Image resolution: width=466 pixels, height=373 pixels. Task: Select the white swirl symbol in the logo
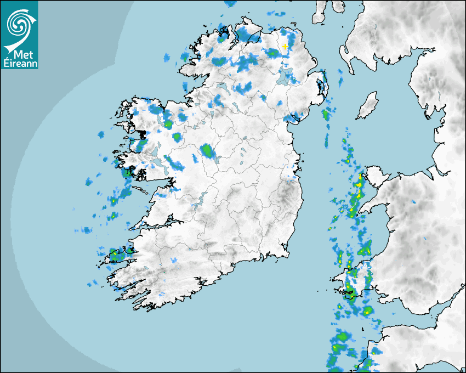pos(19,24)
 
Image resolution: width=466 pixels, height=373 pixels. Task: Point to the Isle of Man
pos(368,105)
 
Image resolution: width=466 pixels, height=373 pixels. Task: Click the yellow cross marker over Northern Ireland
pos(286,47)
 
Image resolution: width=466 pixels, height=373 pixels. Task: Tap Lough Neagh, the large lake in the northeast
pos(286,76)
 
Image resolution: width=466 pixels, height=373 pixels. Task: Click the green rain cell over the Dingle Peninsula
pos(116,255)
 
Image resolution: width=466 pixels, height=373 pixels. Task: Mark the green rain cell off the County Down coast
pos(326,115)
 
